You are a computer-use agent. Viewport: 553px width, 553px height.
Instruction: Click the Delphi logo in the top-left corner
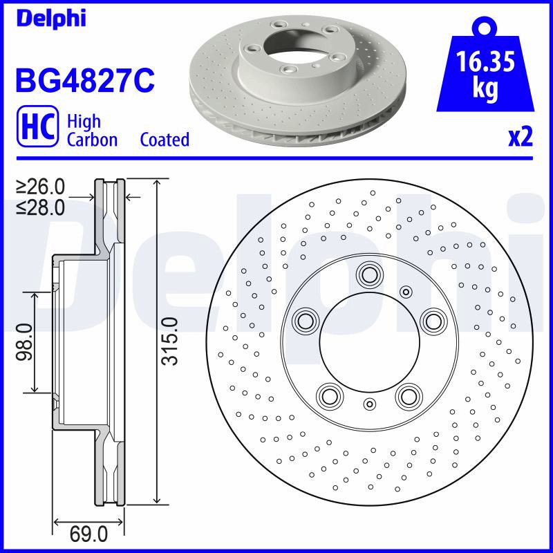pos(51,18)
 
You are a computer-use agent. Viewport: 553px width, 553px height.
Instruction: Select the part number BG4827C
pos(85,81)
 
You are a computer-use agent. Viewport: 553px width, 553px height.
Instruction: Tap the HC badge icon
pos(37,126)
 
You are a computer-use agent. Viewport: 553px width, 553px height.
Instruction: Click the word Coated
pos(165,140)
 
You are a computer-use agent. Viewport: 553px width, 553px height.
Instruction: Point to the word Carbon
pos(92,140)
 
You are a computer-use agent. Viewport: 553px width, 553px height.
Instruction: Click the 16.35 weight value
pos(485,62)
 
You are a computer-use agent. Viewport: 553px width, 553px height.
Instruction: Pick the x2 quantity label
pos(521,137)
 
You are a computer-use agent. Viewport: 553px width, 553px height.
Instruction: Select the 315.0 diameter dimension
pos(170,341)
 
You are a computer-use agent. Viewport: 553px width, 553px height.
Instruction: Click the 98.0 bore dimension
pos(24,341)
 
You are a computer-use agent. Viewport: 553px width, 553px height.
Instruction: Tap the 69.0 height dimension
pos(88,534)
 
